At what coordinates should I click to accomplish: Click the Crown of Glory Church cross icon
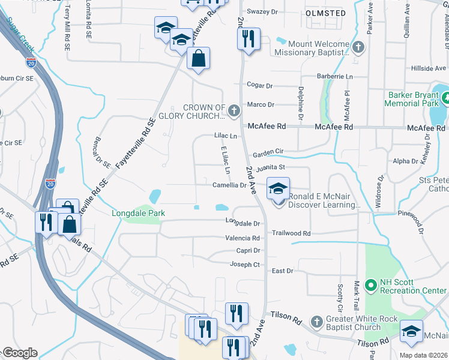[x=234, y=110]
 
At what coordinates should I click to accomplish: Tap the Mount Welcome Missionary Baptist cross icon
[x=358, y=46]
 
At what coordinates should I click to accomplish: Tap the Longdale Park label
[x=138, y=213]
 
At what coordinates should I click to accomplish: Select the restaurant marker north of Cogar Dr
[x=248, y=39]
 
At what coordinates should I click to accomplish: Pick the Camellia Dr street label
[x=229, y=185]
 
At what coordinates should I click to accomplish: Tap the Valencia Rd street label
[x=242, y=238]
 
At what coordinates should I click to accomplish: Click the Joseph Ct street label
[x=245, y=264]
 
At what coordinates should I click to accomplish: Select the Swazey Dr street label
[x=262, y=11]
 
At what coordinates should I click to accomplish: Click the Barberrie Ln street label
[x=335, y=77]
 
